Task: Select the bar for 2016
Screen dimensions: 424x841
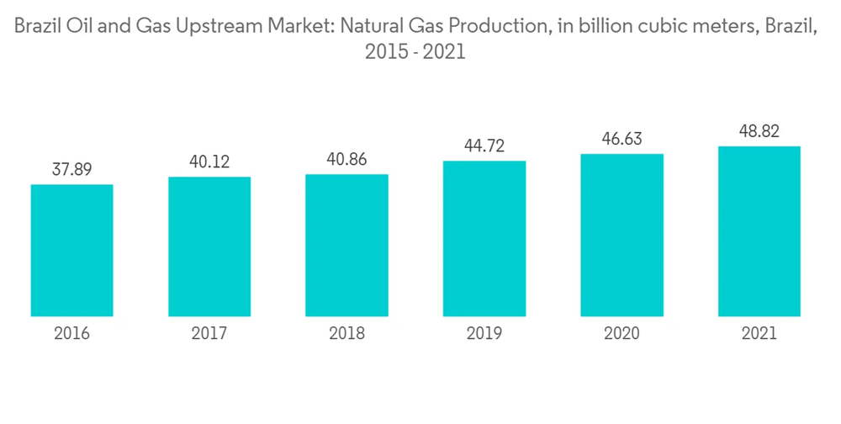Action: click(x=72, y=250)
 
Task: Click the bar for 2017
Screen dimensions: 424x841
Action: click(x=209, y=246)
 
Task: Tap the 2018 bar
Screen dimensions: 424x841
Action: click(x=346, y=245)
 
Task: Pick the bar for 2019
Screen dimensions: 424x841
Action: click(x=484, y=238)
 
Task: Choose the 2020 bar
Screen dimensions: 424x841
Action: click(x=621, y=235)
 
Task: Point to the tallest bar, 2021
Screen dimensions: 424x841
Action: click(x=759, y=231)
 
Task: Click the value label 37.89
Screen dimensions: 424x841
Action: click(x=72, y=169)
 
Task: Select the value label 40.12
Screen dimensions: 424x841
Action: click(x=209, y=162)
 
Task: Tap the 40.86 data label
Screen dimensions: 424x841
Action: click(x=346, y=159)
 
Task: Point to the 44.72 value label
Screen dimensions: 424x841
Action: click(x=484, y=146)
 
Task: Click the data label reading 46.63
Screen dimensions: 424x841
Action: click(x=621, y=139)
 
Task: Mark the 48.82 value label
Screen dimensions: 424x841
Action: click(x=759, y=131)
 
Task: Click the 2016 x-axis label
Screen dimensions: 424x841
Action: click(x=72, y=334)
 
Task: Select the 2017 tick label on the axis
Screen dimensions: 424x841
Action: click(x=209, y=334)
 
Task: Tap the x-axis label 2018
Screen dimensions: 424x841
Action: click(x=346, y=334)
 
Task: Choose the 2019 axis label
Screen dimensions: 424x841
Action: click(x=484, y=334)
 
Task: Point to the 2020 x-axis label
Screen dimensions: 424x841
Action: click(x=621, y=334)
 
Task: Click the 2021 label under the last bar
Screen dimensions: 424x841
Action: click(x=759, y=334)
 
